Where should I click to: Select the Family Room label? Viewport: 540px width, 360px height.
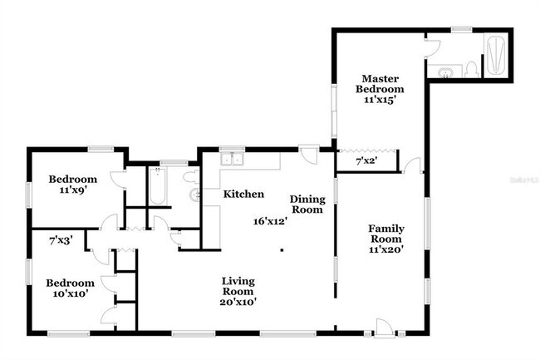[386, 234]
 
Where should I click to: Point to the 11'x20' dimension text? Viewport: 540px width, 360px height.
[386, 249]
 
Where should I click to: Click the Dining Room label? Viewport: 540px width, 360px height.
[306, 205]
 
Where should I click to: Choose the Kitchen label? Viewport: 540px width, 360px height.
[243, 194]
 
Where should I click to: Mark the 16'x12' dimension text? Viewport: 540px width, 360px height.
[270, 221]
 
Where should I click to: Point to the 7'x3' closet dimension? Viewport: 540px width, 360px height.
[61, 239]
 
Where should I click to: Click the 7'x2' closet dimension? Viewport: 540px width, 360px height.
[366, 160]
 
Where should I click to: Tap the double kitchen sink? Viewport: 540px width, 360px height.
[231, 160]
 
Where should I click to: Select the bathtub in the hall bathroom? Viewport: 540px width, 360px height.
[157, 185]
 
